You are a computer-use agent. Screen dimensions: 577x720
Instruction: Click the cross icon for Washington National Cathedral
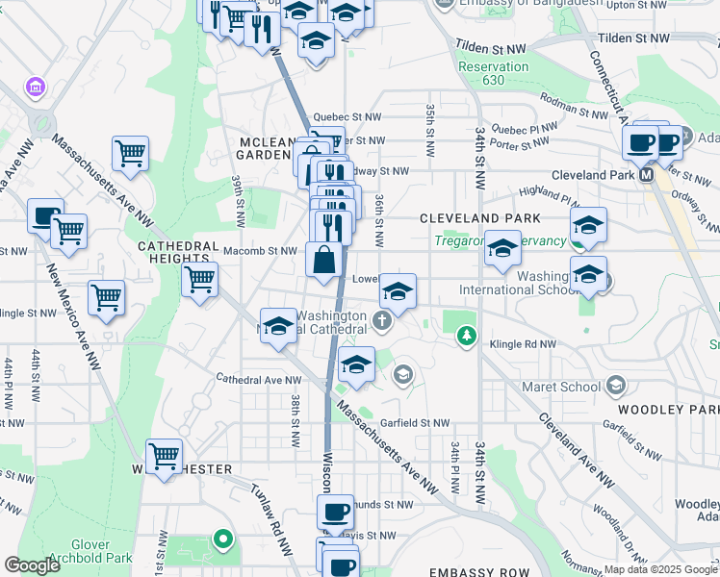tap(383, 320)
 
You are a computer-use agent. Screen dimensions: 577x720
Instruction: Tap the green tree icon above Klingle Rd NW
tap(466, 336)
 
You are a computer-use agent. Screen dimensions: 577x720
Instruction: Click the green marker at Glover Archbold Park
tap(223, 539)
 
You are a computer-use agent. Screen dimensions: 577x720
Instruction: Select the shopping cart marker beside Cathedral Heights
tap(200, 280)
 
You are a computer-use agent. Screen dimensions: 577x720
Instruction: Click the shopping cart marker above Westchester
tap(165, 454)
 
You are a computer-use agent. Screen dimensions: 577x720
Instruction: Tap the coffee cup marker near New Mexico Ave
tap(45, 215)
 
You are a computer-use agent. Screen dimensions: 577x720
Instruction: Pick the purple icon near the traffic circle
tap(37, 88)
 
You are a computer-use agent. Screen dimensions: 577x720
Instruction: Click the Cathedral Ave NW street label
tap(250, 379)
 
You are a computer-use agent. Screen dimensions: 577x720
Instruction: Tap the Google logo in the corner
tap(32, 565)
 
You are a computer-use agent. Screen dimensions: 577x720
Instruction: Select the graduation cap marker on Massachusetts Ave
tap(278, 325)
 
